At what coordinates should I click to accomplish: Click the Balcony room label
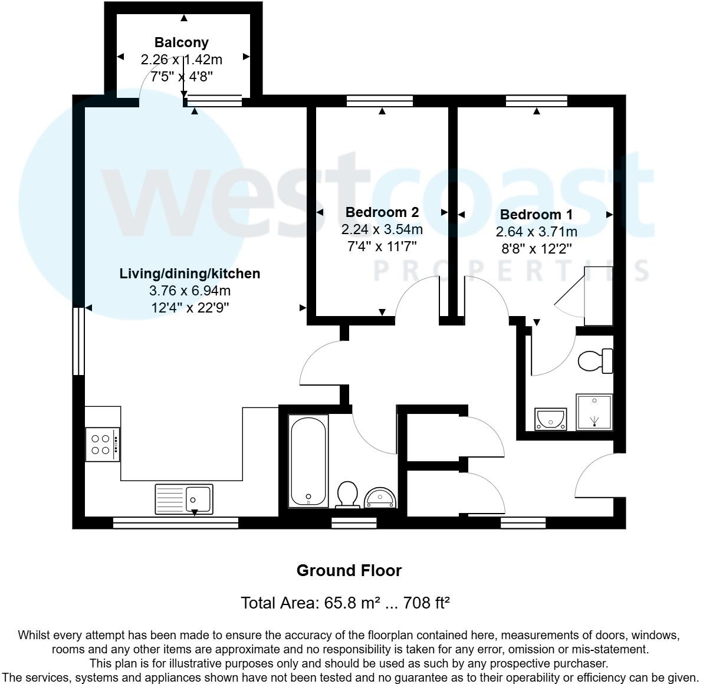181,42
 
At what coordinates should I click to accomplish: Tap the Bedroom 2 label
382,212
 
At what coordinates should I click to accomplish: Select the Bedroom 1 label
536,215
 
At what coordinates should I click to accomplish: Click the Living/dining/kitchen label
189,274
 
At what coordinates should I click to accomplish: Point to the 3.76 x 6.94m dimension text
189,291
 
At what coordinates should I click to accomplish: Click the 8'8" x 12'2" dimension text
536,248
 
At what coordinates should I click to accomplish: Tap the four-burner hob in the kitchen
103,445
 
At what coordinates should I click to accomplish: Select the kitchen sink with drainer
183,498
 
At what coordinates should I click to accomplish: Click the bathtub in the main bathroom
308,461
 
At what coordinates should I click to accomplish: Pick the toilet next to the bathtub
348,494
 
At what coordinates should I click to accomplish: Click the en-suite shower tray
594,412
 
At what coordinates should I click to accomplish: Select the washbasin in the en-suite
550,419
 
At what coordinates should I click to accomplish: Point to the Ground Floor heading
349,571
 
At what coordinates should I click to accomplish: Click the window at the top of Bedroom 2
379,101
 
